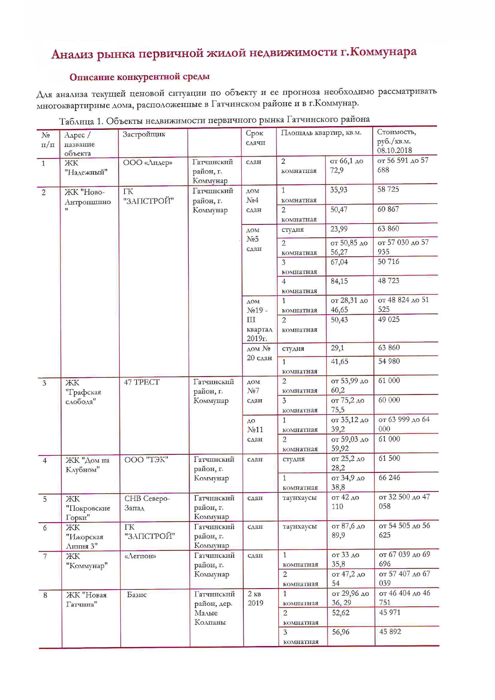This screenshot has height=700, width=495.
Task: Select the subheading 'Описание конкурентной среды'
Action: [139, 77]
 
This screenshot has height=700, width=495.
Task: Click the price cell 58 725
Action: [388, 189]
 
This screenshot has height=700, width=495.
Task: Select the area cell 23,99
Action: [339, 229]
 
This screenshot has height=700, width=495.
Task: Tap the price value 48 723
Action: [388, 281]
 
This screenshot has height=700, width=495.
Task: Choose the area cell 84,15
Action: [339, 281]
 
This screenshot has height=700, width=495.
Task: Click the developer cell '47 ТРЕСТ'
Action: [141, 382]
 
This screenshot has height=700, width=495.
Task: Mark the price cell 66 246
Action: [389, 478]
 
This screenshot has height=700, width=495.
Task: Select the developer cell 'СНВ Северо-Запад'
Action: [147, 503]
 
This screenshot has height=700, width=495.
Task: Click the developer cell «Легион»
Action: [140, 556]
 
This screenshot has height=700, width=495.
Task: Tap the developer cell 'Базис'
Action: [137, 595]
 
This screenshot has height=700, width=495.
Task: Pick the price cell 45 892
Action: [390, 632]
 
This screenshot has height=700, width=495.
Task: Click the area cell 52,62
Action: [340, 613]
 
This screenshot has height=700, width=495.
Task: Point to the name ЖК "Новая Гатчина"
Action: [86, 599]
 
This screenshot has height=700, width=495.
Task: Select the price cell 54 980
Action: [389, 361]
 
